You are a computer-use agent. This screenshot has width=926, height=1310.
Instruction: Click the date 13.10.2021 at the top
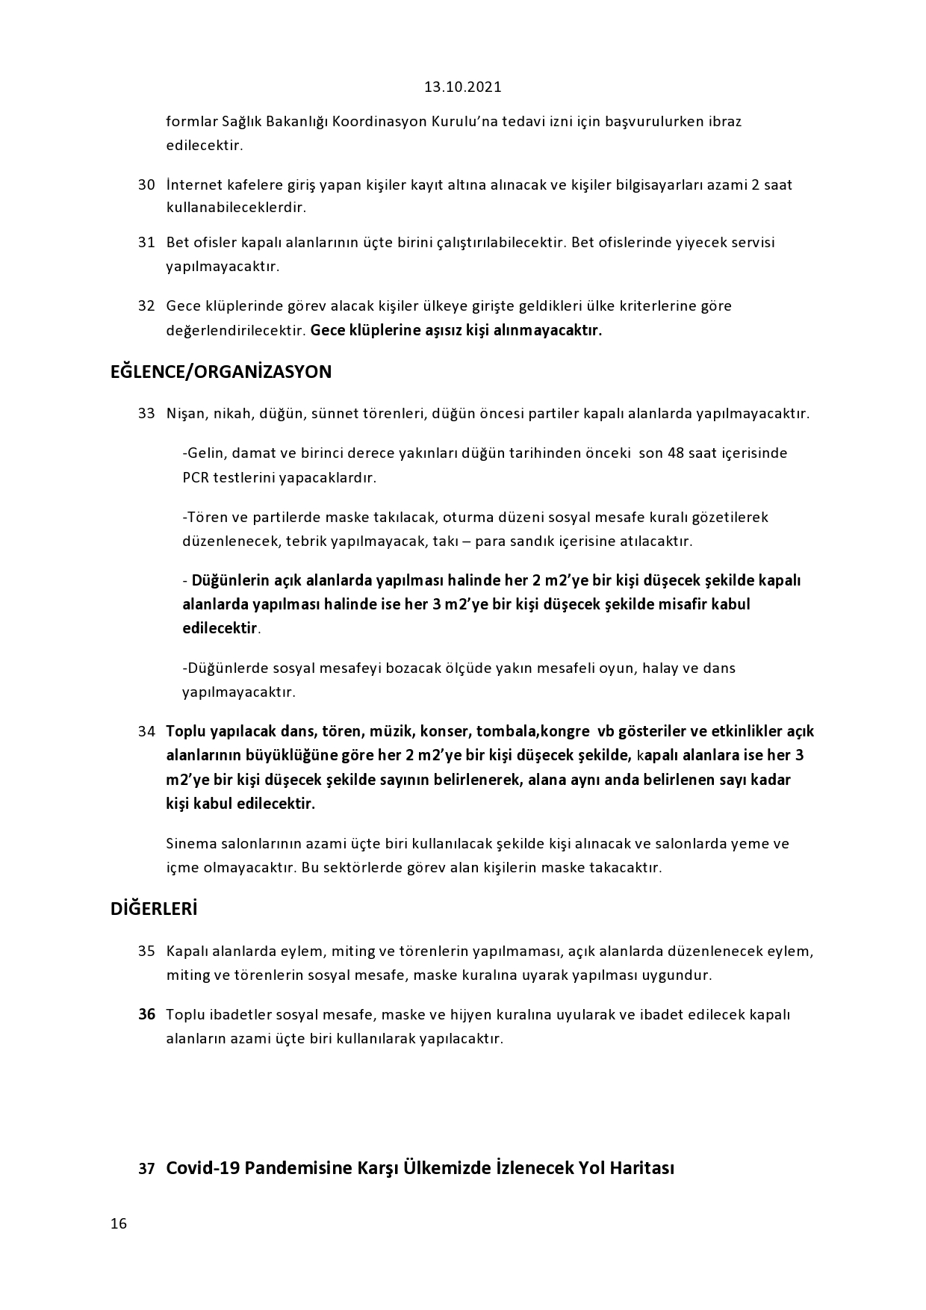tap(463, 87)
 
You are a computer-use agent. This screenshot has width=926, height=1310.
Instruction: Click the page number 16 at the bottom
tap(119, 1223)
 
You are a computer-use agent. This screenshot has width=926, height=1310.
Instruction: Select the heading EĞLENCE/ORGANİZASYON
tap(221, 372)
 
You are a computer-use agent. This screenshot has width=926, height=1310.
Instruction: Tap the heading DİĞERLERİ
tap(154, 909)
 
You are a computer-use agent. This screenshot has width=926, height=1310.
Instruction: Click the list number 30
tap(146, 184)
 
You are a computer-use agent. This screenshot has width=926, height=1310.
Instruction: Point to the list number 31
tap(146, 242)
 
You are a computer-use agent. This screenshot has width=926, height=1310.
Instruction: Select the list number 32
tap(146, 305)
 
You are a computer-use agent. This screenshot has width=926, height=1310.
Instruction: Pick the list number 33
tap(146, 413)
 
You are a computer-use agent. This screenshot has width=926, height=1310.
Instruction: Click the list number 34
tap(146, 731)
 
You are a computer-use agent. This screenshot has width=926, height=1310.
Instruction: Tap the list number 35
tap(146, 951)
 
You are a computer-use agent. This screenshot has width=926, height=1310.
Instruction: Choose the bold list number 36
tap(146, 1014)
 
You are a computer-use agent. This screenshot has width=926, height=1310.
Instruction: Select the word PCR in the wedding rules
tap(196, 477)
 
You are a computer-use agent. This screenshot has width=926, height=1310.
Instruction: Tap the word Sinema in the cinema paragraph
tap(191, 844)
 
